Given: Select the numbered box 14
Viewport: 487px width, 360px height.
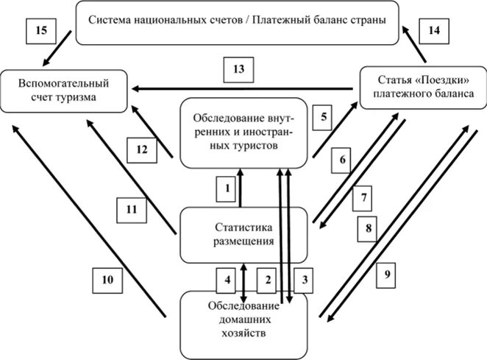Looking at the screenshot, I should (433, 32).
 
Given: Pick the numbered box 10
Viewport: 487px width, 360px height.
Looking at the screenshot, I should (107, 280).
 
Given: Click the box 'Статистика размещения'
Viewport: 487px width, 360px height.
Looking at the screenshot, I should (243, 234).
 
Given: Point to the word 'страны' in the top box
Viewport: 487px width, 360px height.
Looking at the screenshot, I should (366, 19).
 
